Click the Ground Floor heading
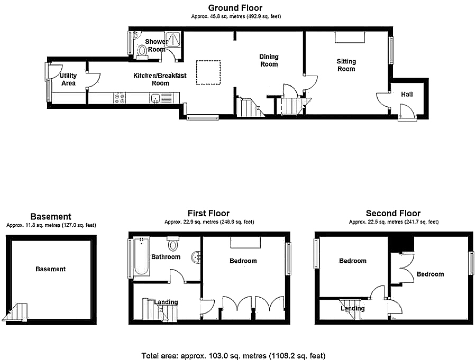235,7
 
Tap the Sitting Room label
346,65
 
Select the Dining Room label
269,60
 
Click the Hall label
407,94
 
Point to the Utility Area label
68,79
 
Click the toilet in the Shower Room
141,50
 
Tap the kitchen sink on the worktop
156,98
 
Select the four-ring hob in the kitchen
119,98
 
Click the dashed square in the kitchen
208,72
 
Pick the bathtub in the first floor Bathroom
141,257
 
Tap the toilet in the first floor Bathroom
173,244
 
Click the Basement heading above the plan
51,216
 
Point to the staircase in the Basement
16,313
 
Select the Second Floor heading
393,213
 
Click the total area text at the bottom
233,356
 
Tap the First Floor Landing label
166,302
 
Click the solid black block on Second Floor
401,244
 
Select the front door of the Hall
407,112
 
